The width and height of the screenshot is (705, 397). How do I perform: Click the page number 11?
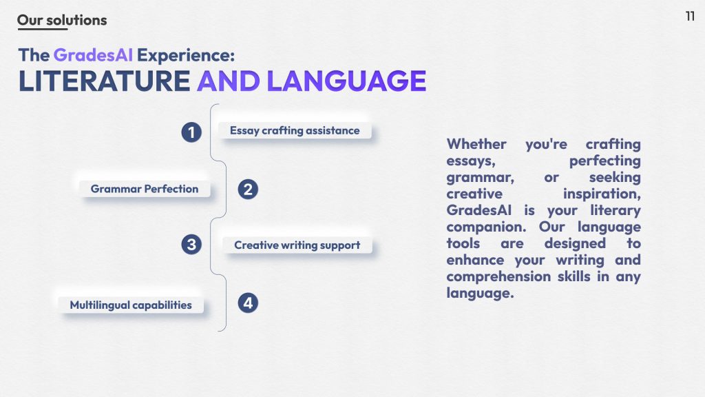tap(690, 17)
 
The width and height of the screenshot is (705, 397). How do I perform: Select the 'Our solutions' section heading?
tap(62, 20)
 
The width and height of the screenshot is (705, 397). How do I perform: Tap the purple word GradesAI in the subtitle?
tap(93, 55)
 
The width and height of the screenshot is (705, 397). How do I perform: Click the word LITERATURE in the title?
tap(105, 81)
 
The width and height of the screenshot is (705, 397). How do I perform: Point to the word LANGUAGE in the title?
tap(346, 81)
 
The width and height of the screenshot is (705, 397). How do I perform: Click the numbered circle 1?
tap(191, 132)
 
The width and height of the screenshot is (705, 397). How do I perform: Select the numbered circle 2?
tap(248, 189)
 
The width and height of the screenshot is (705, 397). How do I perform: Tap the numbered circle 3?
tap(191, 245)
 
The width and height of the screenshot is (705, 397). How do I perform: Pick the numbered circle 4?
tap(248, 303)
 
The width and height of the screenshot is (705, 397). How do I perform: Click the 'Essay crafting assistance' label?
tap(295, 130)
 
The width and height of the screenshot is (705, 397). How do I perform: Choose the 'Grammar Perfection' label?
tap(145, 189)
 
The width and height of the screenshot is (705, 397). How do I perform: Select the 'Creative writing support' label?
tap(297, 245)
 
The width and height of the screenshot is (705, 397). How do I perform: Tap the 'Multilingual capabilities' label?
tap(131, 305)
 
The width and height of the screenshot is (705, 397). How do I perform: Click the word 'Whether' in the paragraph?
tap(476, 144)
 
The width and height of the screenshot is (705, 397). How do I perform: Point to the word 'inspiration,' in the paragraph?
tap(602, 194)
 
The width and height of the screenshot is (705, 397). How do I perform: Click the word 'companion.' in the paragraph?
tap(486, 227)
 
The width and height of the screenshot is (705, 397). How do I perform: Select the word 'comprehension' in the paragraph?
tap(498, 277)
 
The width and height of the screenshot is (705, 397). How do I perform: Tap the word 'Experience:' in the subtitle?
tap(186, 55)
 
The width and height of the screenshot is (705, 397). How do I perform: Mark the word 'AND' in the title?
tap(229, 81)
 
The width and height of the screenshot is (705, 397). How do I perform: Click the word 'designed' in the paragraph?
tap(575, 244)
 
